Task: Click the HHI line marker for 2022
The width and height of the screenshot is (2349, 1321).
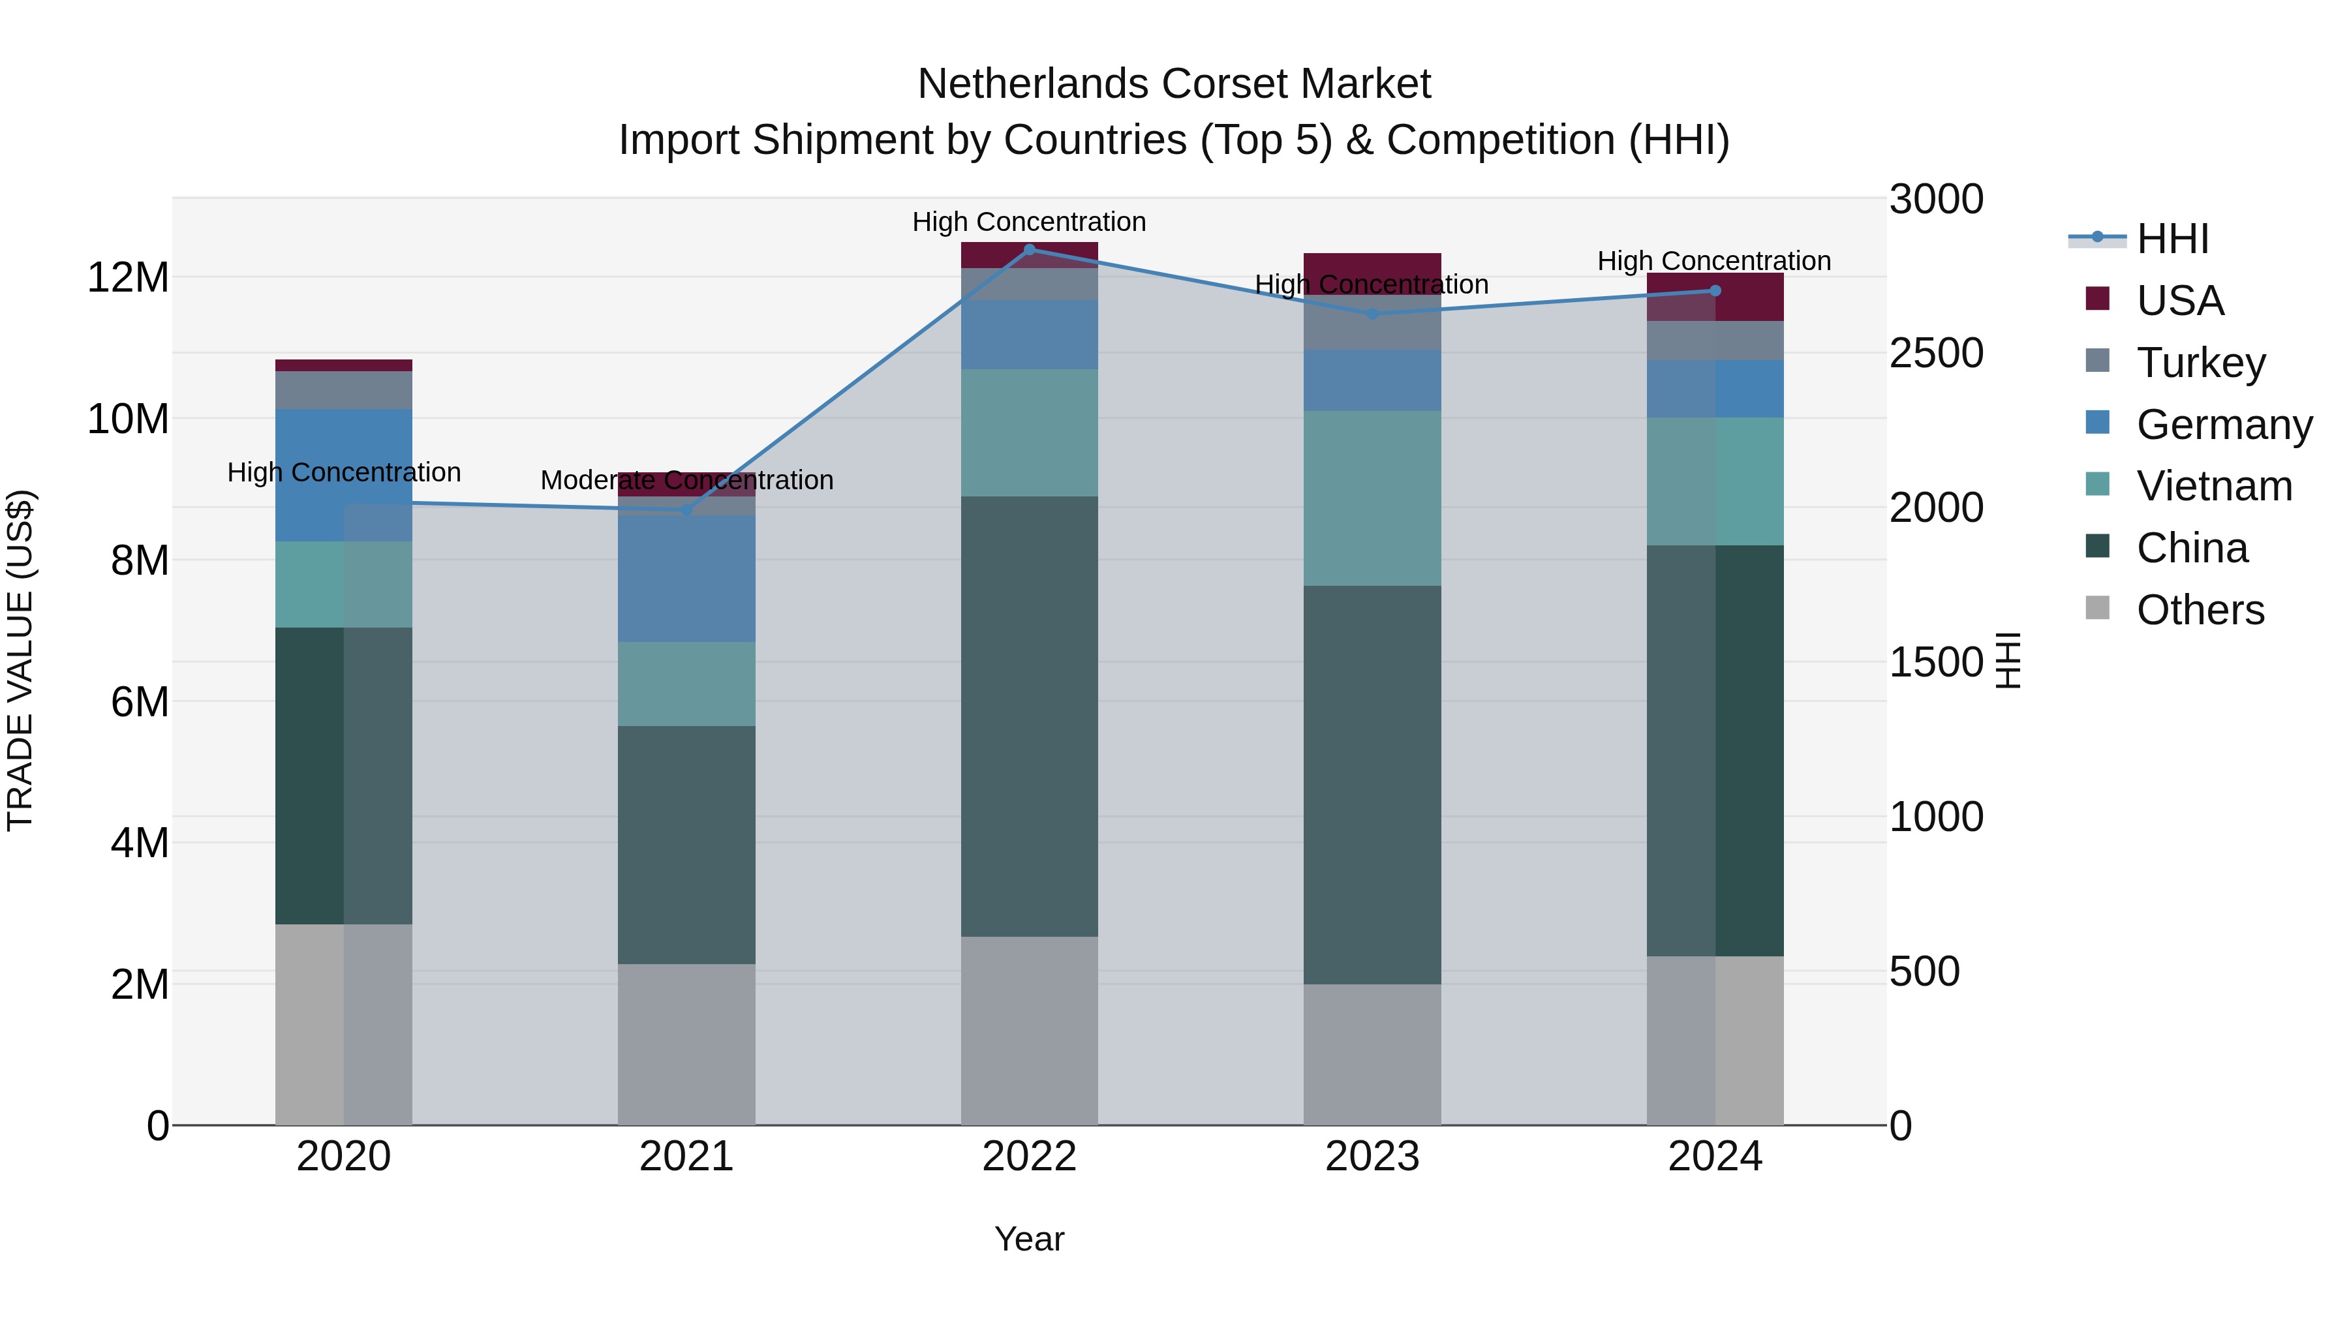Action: point(1030,249)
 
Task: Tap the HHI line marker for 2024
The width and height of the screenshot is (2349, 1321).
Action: point(1714,291)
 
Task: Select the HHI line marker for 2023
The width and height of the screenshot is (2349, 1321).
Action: point(1372,314)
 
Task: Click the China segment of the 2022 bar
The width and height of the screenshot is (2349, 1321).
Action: point(1030,716)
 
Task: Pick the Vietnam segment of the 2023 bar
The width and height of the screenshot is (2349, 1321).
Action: point(1372,498)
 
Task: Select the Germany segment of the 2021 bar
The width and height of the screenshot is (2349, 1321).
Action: point(686,578)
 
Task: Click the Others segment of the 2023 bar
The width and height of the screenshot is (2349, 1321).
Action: point(1372,1054)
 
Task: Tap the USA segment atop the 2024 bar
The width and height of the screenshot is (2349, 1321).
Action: point(1714,297)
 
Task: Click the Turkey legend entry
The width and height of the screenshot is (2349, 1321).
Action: point(2200,363)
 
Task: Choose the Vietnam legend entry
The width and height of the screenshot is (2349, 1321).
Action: point(2213,486)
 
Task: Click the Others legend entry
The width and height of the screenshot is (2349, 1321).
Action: point(2200,610)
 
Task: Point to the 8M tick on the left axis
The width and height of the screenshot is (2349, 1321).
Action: point(140,560)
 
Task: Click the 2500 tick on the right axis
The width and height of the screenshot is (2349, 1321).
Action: point(1935,354)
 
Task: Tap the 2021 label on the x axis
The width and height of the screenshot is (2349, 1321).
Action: point(686,1157)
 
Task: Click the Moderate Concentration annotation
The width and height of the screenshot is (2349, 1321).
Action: point(686,480)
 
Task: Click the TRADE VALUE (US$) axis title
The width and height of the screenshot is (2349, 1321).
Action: point(20,660)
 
